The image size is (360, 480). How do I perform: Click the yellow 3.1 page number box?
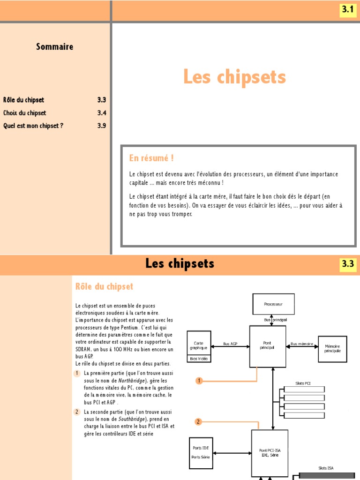point(347,9)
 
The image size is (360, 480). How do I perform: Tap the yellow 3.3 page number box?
point(347,264)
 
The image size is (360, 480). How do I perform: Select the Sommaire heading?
point(54,46)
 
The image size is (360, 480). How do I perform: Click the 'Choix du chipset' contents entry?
point(25,113)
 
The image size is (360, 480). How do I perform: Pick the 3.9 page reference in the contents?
point(102,126)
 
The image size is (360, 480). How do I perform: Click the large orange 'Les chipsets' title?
point(234,77)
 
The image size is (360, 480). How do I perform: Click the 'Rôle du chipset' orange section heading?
point(104,286)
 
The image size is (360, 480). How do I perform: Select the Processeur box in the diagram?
point(273,304)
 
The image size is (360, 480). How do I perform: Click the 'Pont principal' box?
point(267,346)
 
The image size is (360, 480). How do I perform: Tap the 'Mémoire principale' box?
point(332,349)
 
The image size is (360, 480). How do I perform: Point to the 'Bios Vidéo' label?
point(199,359)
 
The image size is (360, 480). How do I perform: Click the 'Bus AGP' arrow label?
point(230,344)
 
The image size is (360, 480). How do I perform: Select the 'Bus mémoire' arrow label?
point(301,344)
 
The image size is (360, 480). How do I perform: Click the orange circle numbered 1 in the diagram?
point(199,381)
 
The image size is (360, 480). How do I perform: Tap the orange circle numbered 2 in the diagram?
point(198,422)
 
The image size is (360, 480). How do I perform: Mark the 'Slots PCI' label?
point(303,383)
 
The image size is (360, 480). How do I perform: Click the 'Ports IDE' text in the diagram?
point(201,448)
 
